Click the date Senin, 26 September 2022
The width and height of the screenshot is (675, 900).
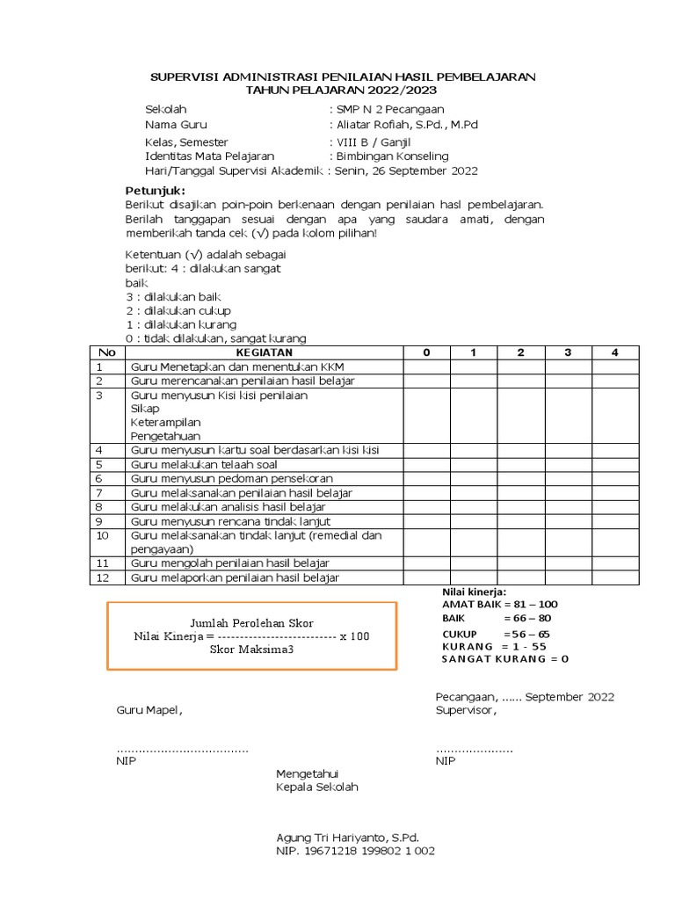(409, 171)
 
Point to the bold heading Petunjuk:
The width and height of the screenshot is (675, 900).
(156, 191)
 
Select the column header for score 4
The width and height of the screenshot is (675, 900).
(615, 352)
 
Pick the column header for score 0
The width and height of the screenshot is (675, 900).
(426, 352)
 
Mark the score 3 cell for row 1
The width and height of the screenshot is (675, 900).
(568, 367)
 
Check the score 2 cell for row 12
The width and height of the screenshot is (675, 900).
(520, 577)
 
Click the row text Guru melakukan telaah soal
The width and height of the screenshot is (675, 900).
(204, 464)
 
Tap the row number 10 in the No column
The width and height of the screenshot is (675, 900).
(103, 535)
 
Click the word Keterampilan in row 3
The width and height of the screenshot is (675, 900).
(165, 423)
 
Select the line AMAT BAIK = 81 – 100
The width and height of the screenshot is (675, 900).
(499, 604)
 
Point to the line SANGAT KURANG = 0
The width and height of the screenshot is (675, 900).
(505, 658)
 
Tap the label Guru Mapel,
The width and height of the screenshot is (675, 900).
(150, 710)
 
